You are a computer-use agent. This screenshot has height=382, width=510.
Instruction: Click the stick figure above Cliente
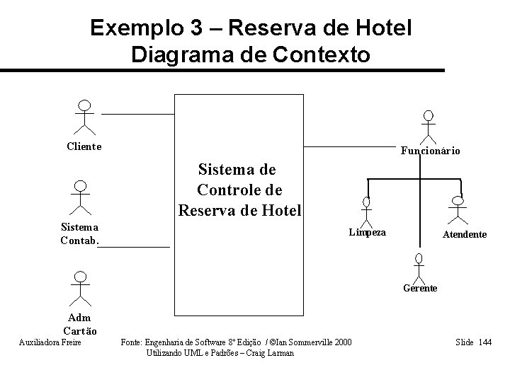[x=85, y=117]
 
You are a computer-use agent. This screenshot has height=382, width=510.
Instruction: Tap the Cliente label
[x=84, y=146]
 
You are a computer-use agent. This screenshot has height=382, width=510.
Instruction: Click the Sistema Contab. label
[x=79, y=233]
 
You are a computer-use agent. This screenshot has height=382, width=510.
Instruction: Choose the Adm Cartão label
[x=80, y=325]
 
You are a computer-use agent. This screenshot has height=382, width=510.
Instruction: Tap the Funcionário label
[x=431, y=151]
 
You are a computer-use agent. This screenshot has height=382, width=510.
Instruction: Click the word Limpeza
[x=368, y=232]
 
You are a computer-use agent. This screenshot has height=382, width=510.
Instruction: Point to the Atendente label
[x=465, y=234]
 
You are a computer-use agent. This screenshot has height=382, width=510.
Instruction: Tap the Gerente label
[x=420, y=288]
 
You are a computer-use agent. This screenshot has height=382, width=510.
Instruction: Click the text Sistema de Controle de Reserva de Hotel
[x=239, y=190]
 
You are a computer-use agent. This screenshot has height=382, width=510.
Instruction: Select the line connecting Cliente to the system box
[x=138, y=113]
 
